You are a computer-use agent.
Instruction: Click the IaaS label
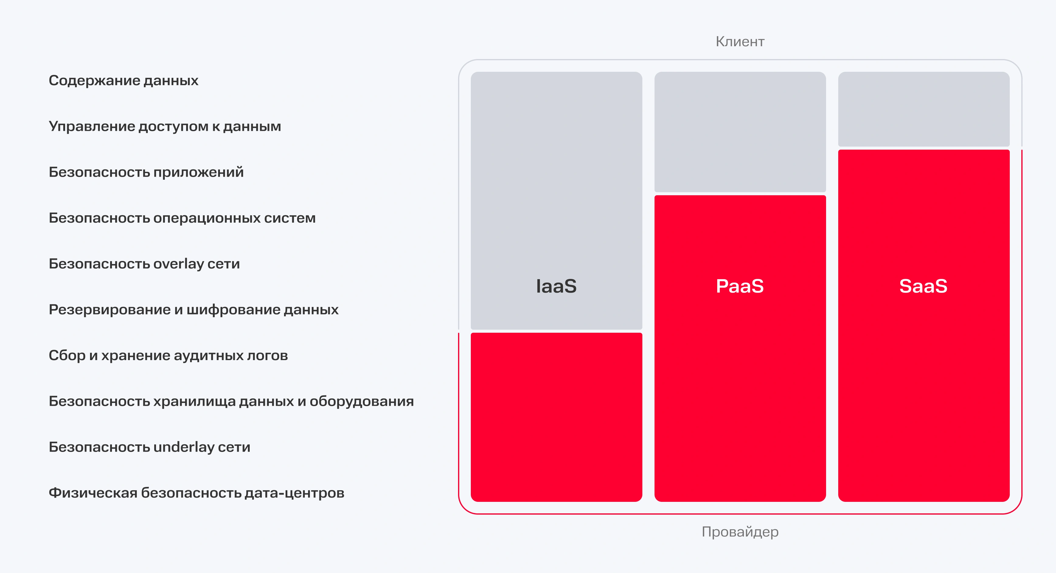pos(556,286)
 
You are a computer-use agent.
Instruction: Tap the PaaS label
pos(740,286)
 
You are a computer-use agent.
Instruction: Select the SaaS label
pos(924,286)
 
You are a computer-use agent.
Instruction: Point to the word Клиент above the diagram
pos(740,41)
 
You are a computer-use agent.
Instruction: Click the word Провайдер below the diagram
pos(740,532)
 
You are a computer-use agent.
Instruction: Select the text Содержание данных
pos(123,81)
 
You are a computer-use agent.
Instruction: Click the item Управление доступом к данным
pos(165,127)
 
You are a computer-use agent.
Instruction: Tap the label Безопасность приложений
pos(146,172)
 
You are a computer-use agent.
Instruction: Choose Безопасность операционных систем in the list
pos(182,218)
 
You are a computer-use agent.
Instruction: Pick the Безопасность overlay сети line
pos(144,264)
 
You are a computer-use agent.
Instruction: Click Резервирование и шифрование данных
pos(193,310)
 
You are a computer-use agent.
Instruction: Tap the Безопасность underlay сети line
pos(149,447)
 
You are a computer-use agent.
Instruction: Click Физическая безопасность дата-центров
pos(196,493)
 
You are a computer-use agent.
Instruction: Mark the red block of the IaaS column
pos(556,417)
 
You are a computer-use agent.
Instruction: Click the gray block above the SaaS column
pos(924,109)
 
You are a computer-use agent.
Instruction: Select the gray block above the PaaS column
pos(740,132)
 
